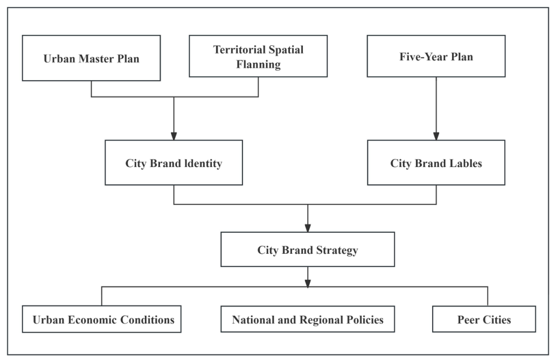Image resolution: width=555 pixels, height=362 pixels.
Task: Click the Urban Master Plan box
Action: click(91, 58)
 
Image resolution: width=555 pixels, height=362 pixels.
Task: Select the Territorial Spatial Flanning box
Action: click(259, 56)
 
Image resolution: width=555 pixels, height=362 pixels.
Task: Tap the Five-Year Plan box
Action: click(436, 56)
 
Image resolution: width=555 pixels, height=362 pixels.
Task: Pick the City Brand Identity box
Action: click(174, 163)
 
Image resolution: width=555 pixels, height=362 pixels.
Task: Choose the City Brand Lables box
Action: click(436, 163)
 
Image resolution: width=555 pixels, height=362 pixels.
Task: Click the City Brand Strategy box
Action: click(308, 249)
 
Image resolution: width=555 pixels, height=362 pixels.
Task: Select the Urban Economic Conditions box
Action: click(102, 319)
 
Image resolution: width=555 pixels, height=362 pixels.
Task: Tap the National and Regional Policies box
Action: click(308, 319)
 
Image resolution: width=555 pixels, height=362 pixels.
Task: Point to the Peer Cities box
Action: click(484, 319)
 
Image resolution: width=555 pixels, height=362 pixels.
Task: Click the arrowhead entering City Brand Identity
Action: click(174, 136)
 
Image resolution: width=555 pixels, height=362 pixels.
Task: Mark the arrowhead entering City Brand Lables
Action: click(436, 136)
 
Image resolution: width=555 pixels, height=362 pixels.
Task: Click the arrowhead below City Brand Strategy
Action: click(308, 283)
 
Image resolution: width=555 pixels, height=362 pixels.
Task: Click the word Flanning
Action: click(259, 65)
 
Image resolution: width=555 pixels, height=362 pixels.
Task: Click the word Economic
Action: click(92, 319)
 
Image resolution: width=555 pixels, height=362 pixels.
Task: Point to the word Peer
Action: click(468, 319)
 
